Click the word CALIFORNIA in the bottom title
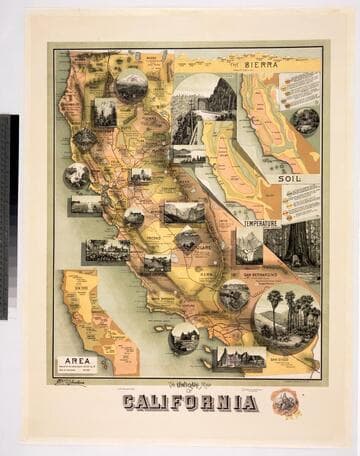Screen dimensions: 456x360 coord(190,403)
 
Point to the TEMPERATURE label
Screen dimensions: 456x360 coord(259,223)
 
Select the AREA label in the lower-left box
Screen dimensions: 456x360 coord(80,361)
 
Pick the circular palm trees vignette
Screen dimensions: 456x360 coord(286,319)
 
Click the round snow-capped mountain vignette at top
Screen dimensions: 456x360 coord(131,86)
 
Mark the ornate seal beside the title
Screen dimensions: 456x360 coord(284,401)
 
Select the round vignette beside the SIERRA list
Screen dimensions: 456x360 coord(305,121)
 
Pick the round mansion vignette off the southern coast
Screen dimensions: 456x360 coord(184,338)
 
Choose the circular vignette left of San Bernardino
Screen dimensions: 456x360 coord(234,296)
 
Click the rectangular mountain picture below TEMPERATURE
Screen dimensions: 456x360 coord(249,245)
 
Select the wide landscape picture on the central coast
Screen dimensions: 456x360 coord(107,250)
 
